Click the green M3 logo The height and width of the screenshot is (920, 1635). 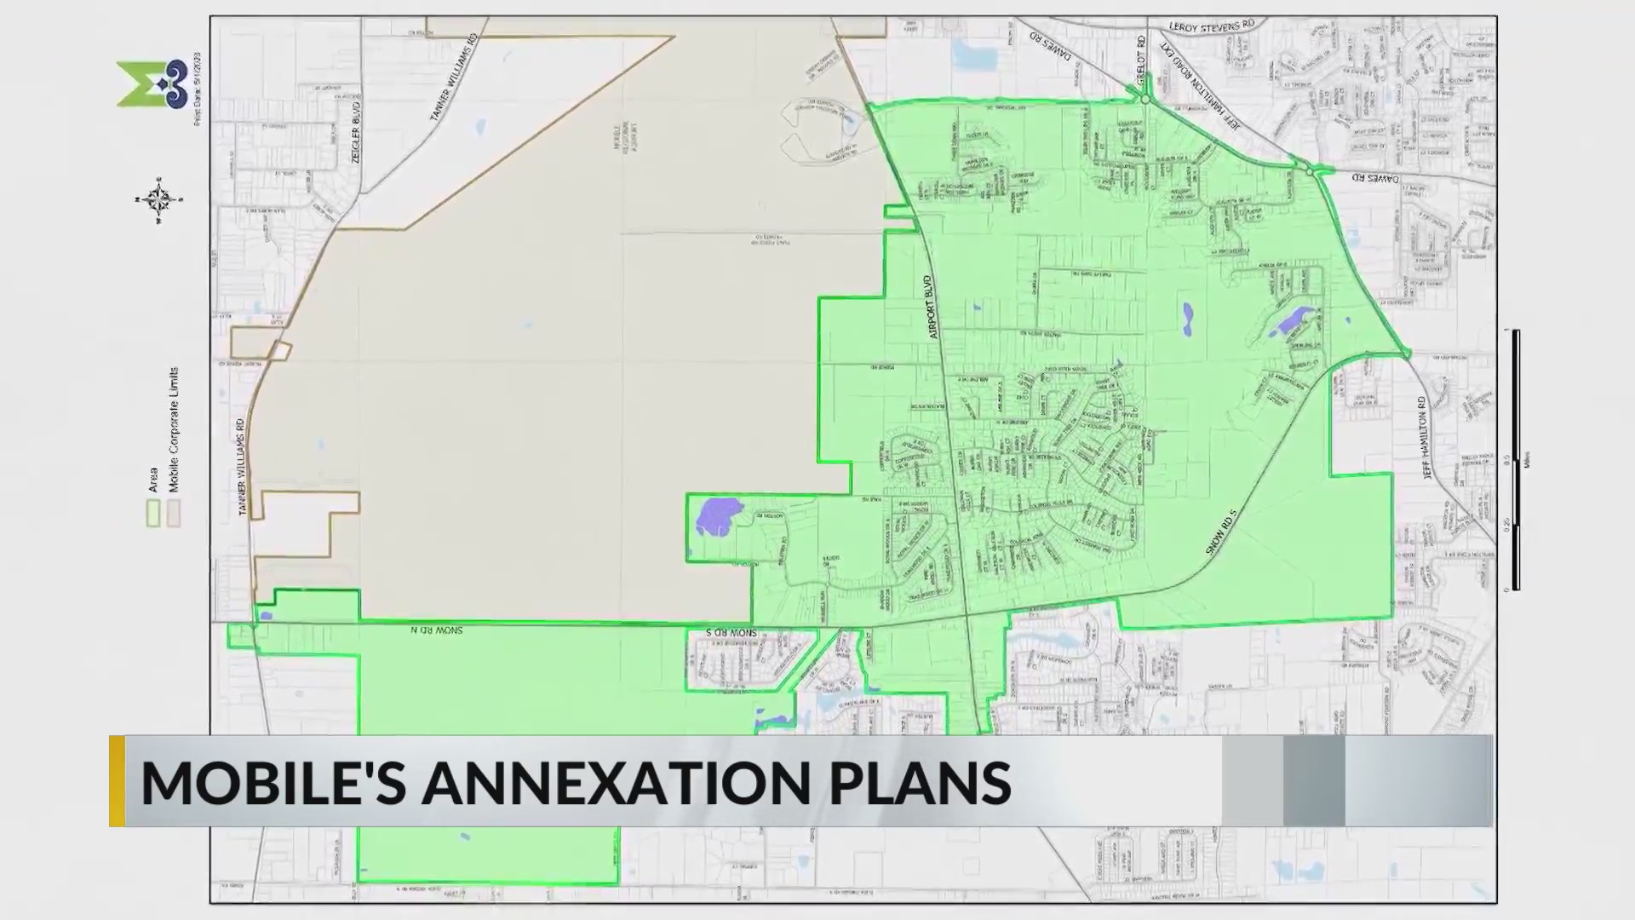(152, 83)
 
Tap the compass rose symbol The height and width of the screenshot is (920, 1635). (158, 200)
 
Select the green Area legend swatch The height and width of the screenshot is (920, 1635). (153, 513)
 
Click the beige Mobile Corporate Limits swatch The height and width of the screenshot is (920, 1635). (174, 513)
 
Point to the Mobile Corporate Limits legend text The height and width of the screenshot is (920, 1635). (174, 430)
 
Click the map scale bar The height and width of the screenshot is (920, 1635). (1515, 460)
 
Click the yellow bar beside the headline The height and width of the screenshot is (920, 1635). (118, 780)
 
